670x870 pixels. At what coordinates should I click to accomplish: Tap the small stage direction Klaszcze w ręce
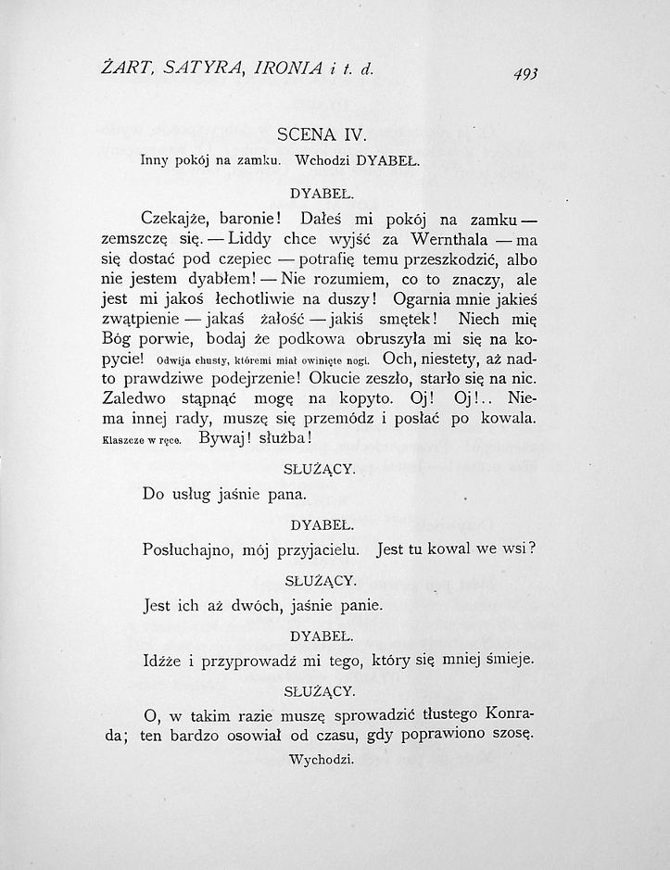coord(140,440)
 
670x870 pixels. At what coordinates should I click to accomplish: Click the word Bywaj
coord(226,438)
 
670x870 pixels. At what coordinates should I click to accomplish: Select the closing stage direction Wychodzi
coord(322,760)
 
